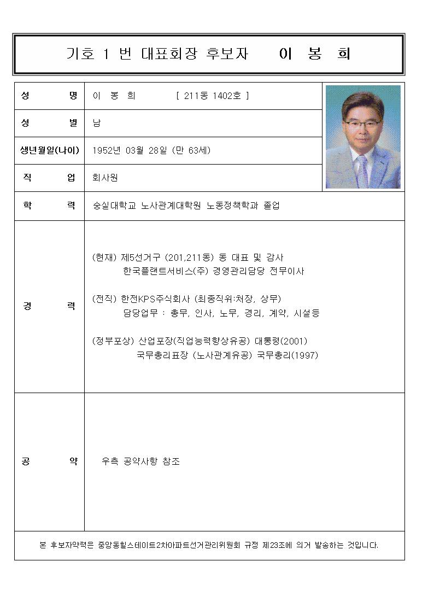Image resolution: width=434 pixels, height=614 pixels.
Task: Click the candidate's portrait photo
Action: coord(363,137)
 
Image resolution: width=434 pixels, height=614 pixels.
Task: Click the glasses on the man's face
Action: coord(362,124)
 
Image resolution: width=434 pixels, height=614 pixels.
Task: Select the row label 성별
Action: coord(49,123)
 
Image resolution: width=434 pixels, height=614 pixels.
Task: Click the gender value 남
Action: coord(97,123)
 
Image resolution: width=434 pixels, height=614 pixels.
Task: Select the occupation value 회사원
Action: coord(105,178)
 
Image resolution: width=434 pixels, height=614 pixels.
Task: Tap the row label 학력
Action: coord(49,206)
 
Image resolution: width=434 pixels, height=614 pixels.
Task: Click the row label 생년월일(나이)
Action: coord(49,150)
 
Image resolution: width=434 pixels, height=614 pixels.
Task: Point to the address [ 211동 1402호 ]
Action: coord(213,96)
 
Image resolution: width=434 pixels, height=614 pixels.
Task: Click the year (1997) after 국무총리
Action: coord(303,355)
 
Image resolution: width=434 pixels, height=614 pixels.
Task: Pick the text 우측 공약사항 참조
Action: coord(141,461)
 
